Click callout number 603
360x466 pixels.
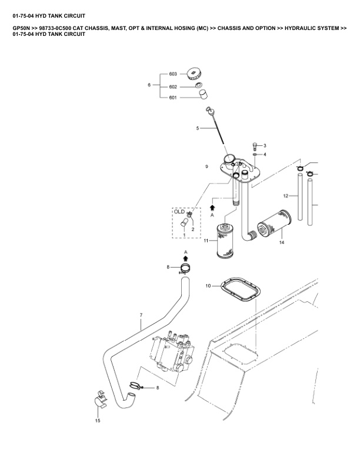(173, 74)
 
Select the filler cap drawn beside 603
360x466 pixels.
(194, 74)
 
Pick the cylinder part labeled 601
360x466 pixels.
(203, 94)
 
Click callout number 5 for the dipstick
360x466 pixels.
(198, 128)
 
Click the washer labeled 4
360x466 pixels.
(255, 155)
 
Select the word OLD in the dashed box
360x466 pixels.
(179, 212)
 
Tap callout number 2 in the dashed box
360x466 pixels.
(193, 229)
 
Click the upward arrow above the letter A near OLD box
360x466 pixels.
(212, 207)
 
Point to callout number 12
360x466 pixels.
(286, 196)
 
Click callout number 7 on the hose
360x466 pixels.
(141, 315)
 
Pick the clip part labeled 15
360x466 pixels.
(101, 398)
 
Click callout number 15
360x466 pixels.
(98, 421)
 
